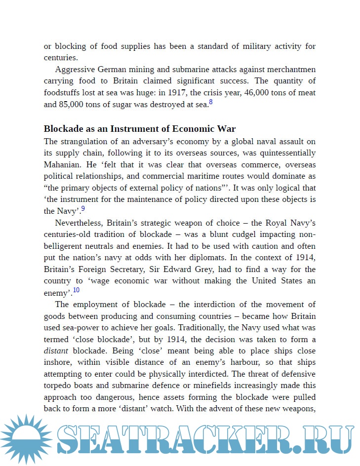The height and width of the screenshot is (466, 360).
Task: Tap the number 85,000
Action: (74, 105)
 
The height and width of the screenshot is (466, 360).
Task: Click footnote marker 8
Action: (210, 102)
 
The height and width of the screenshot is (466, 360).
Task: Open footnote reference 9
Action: (83, 209)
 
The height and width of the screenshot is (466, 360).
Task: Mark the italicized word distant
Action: (55, 351)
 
